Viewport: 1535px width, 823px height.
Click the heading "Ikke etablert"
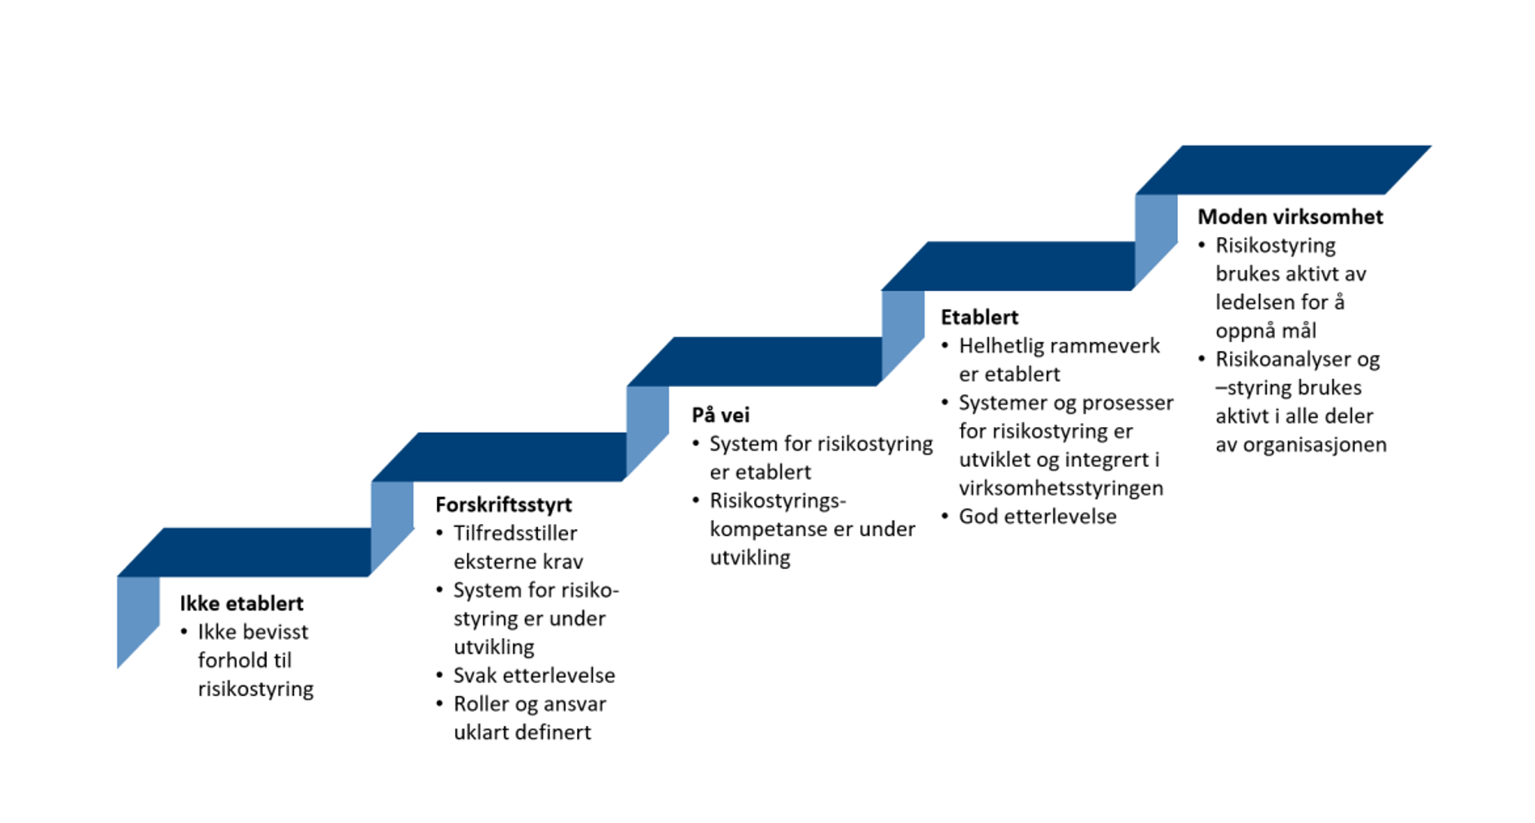point(241,604)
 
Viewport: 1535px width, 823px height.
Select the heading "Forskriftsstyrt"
point(503,505)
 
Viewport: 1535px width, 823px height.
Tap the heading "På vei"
point(720,416)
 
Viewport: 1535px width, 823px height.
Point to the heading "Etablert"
point(979,318)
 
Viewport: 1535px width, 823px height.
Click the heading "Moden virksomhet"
point(1290,218)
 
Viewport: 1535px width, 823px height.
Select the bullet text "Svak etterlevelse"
point(534,676)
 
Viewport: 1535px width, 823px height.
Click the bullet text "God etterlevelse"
point(1037,517)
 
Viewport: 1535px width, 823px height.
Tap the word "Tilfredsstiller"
point(515,534)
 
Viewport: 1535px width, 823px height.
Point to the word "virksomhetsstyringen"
point(1061,488)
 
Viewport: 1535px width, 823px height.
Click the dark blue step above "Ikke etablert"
point(245,552)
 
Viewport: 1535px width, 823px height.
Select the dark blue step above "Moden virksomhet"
point(1283,170)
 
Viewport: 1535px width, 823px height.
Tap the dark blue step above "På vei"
point(754,362)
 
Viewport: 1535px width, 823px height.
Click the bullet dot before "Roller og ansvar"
point(439,703)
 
